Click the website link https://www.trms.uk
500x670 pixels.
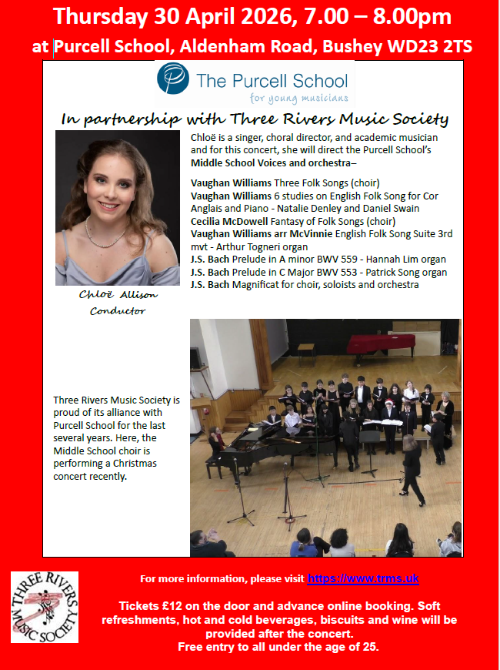point(363,578)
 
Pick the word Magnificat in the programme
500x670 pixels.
point(258,284)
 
